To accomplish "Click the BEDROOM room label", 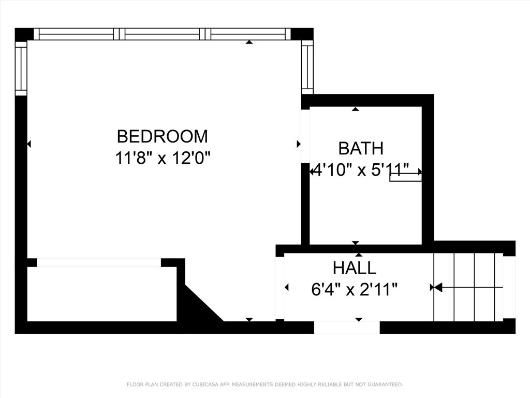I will pyautogui.click(x=162, y=136).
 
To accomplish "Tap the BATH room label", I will pyautogui.click(x=361, y=148).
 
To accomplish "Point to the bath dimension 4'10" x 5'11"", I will pyautogui.click(x=361, y=170).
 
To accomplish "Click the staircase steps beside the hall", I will pyautogui.click(x=468, y=287).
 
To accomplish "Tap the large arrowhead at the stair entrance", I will pyautogui.click(x=437, y=287).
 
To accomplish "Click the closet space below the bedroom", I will pyautogui.click(x=101, y=294).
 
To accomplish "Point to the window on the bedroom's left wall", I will pyautogui.click(x=21, y=69).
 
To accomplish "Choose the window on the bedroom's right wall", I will pyautogui.click(x=307, y=67).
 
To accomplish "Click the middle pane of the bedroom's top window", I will pyautogui.click(x=163, y=34).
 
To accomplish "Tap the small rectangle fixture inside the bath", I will pyautogui.click(x=405, y=178).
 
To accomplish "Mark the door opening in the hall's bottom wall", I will pyautogui.click(x=347, y=327).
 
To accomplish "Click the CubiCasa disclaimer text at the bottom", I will pyautogui.click(x=265, y=385).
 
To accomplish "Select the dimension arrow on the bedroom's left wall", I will pyautogui.click(x=29, y=144).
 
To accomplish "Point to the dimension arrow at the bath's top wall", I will pyautogui.click(x=355, y=109).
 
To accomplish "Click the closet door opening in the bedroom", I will pyautogui.click(x=98, y=263).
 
